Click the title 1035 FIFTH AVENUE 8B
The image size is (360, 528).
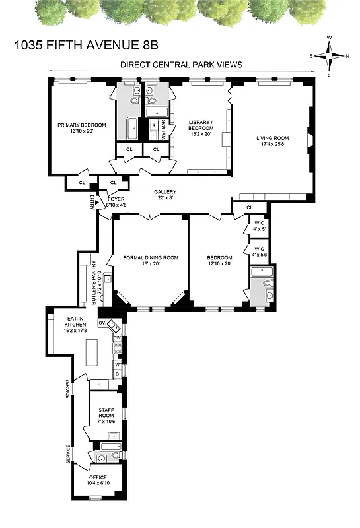(86, 46)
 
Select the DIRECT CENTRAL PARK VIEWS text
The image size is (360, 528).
(181, 65)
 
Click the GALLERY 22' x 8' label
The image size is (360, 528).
(166, 195)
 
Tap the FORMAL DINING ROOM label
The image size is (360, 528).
(151, 261)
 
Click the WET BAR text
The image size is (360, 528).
(162, 128)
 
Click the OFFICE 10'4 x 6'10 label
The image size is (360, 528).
(96, 480)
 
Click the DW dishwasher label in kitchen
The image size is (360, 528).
(116, 338)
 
